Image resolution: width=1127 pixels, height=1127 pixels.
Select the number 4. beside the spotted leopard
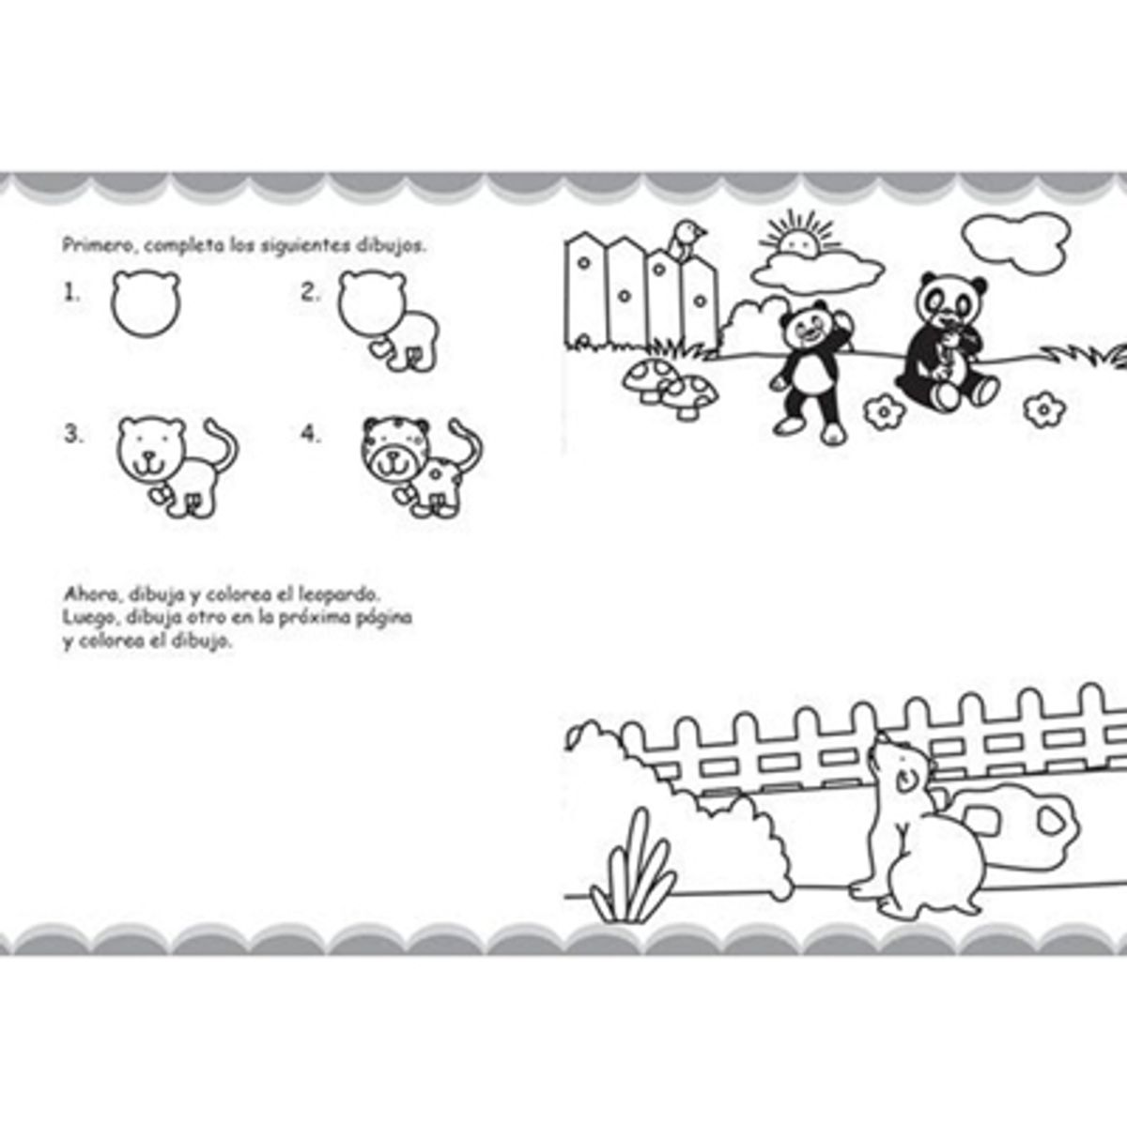[311, 435]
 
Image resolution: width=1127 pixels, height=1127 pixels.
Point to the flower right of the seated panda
[1041, 409]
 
